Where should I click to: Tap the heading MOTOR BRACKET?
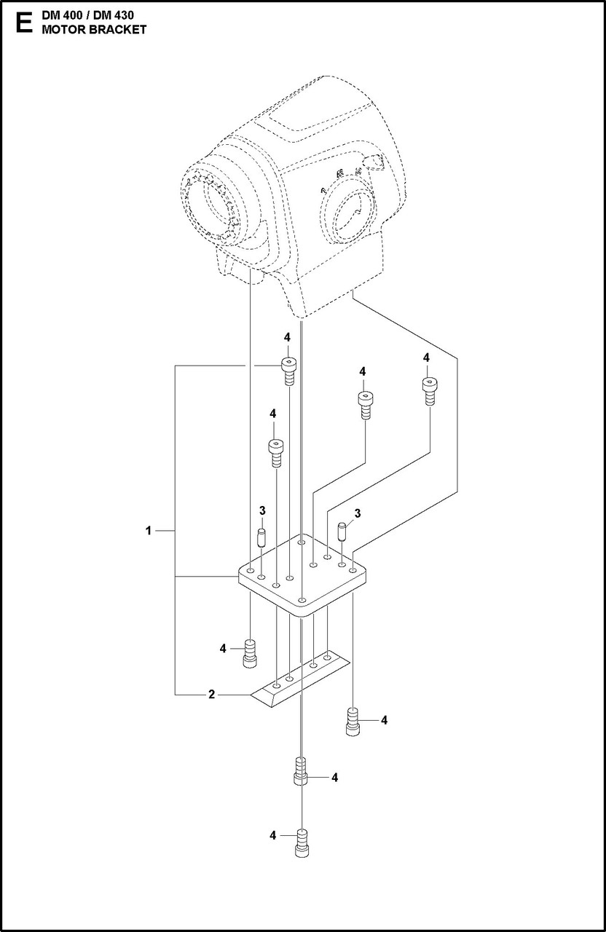click(x=94, y=30)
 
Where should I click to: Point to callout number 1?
click(x=148, y=532)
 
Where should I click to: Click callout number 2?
click(x=211, y=695)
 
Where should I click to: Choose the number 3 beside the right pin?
click(x=357, y=514)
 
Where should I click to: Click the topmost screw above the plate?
click(x=289, y=372)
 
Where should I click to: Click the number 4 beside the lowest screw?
click(x=272, y=835)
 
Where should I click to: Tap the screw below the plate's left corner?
click(x=250, y=652)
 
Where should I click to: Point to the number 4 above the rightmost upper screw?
click(x=426, y=358)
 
